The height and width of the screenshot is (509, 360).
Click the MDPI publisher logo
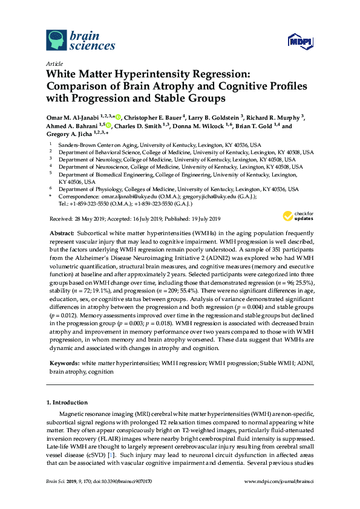pyautogui.click(x=296, y=43)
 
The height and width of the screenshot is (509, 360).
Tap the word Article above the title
pyautogui.click(x=54, y=63)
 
